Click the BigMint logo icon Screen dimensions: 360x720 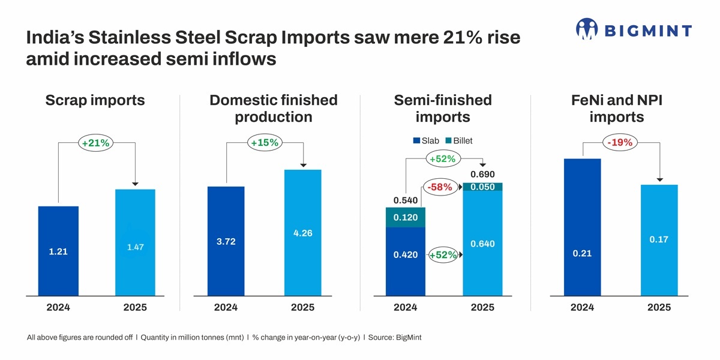coord(587,29)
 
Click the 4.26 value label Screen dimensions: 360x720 coord(303,233)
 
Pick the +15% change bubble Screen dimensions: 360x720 coord(265,143)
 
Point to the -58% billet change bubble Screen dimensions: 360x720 coord(440,187)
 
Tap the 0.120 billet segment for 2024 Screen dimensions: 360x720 coord(406,217)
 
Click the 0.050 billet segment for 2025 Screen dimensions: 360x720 coord(482,187)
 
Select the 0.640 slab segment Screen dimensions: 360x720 coord(482,244)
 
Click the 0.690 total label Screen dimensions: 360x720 coord(482,174)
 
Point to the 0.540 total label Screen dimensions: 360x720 coord(406,199)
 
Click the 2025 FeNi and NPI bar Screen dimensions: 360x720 coord(659,240)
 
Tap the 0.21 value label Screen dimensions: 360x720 coord(582,253)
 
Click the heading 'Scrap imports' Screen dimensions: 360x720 coord(95,100)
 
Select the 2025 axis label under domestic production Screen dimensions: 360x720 coord(303,307)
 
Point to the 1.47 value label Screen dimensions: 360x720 coord(135,247)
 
